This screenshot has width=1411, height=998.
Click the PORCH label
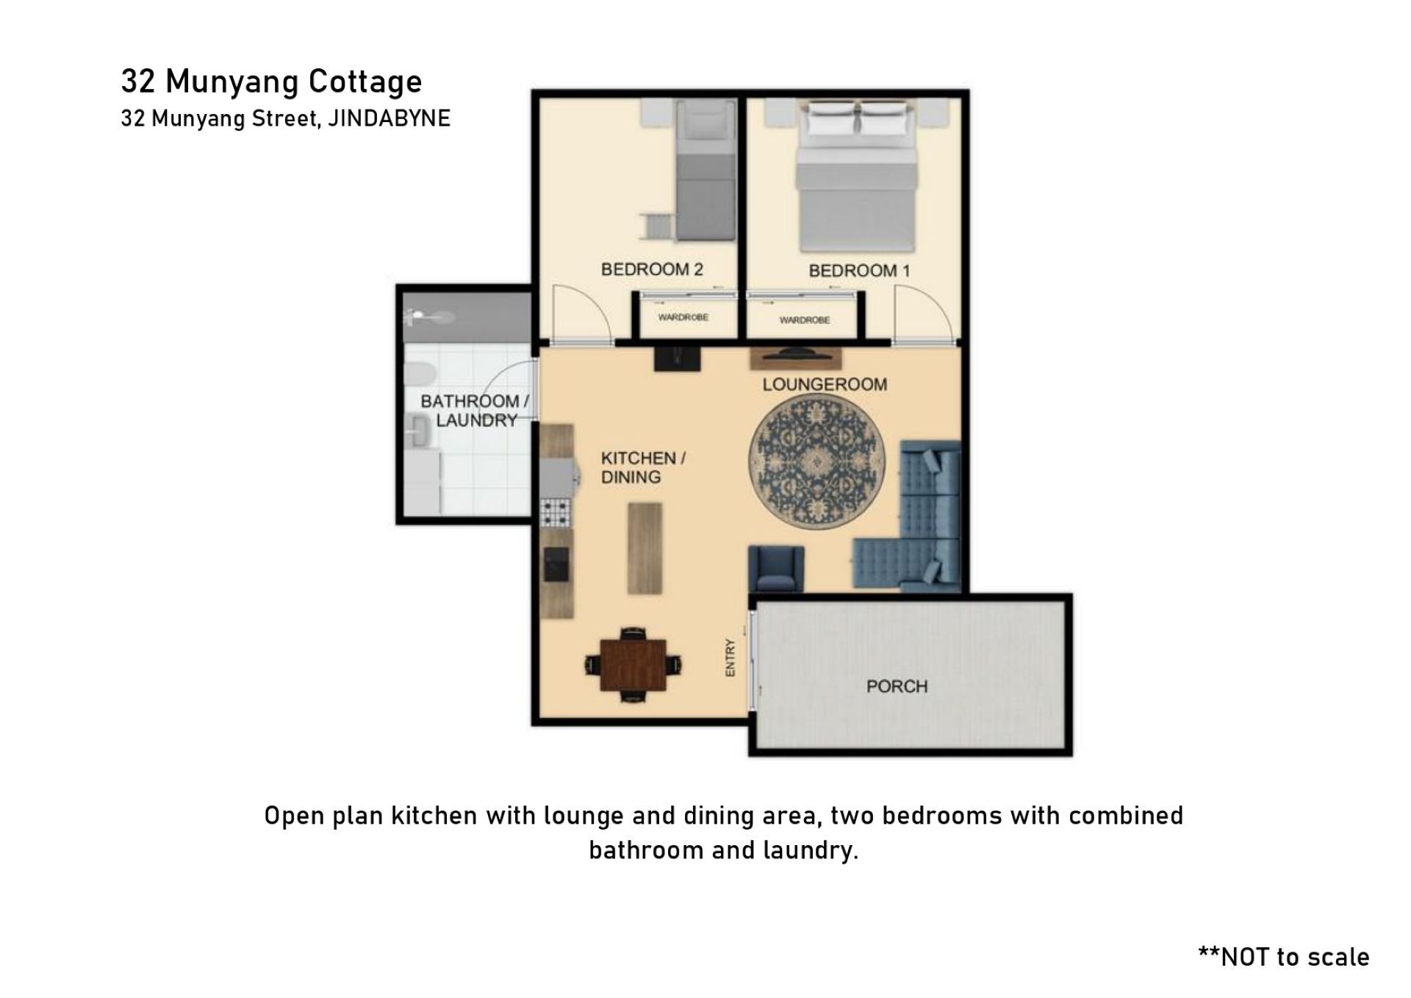(897, 686)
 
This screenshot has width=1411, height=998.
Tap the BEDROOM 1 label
(859, 270)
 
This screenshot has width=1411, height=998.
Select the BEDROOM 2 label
(652, 269)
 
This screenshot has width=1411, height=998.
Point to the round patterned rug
(816, 461)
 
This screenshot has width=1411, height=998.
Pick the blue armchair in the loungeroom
(776, 568)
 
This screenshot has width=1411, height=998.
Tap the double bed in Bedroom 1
(857, 176)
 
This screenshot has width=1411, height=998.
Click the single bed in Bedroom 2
(705, 170)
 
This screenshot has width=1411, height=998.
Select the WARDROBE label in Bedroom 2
(683, 317)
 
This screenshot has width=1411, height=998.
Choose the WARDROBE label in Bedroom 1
(805, 320)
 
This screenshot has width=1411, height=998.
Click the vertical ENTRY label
(730, 658)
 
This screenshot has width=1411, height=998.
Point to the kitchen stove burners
(556, 512)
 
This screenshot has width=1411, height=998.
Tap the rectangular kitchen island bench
(645, 548)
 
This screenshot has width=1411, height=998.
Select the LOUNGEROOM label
(825, 384)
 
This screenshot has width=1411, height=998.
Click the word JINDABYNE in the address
(389, 118)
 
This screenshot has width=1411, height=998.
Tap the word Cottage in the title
(365, 82)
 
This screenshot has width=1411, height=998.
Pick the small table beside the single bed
(658, 226)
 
